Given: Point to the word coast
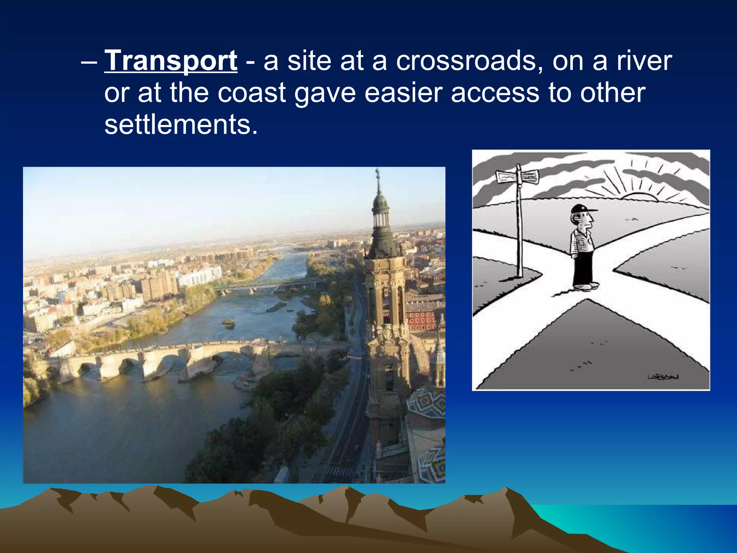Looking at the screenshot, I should point(252,93).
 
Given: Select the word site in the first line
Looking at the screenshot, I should point(309,60).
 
